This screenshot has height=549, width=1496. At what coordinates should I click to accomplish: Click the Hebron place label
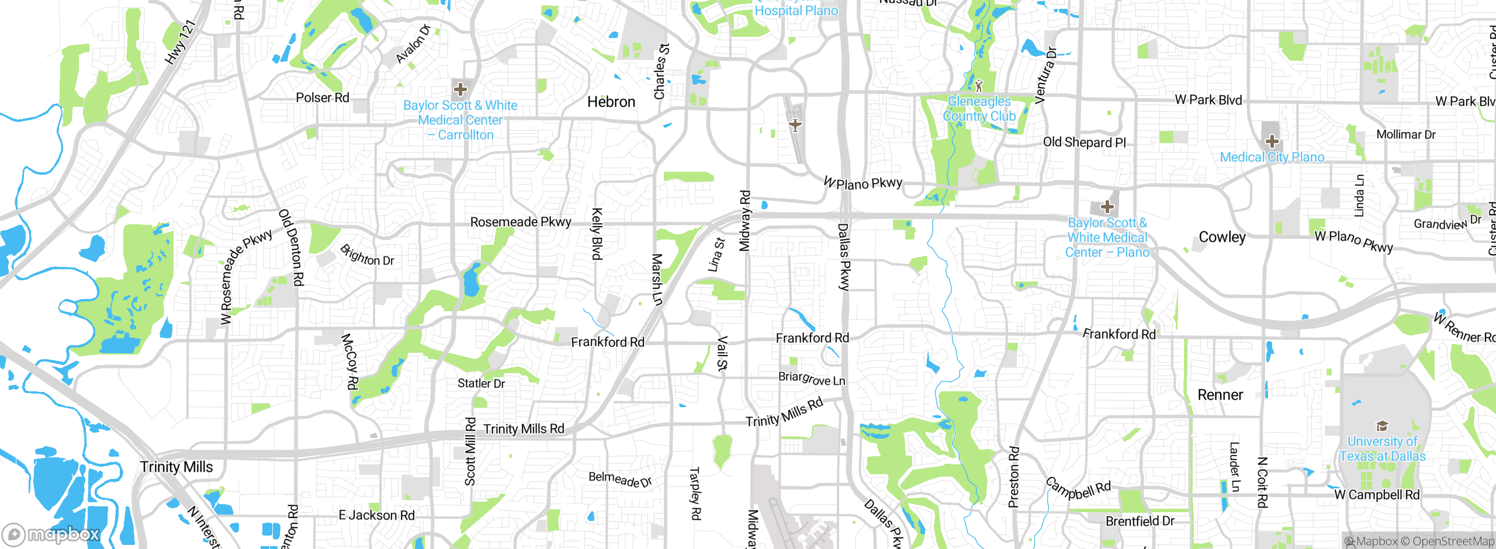[x=611, y=102]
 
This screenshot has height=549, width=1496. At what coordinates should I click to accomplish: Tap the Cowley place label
[x=1222, y=237]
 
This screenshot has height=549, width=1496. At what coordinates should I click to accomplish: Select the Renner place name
[x=1220, y=395]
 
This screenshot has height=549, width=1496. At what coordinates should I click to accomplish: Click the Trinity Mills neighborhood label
[x=176, y=467]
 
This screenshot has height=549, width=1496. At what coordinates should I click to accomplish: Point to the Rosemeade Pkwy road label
[x=520, y=222]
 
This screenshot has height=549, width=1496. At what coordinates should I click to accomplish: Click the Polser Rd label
[x=322, y=98]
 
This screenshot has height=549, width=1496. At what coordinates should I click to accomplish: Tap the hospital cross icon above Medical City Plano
[x=1272, y=141]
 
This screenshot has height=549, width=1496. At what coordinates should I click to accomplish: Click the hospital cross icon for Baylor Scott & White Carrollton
[x=460, y=89]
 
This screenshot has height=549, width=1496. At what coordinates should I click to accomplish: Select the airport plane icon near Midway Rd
[x=795, y=125]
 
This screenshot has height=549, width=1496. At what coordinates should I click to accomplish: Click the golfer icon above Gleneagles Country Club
[x=979, y=85]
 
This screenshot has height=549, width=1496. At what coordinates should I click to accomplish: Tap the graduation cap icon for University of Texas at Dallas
[x=1382, y=426]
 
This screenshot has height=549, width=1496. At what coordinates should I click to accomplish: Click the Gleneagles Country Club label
[x=979, y=109]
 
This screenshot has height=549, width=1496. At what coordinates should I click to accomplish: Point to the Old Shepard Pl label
[x=1084, y=142]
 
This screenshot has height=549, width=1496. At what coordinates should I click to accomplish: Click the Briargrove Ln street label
[x=812, y=378]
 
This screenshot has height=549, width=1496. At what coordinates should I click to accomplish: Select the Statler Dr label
[x=481, y=383]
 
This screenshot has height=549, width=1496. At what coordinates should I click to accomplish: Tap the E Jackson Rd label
[x=376, y=515]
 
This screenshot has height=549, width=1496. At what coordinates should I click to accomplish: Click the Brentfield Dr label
[x=1140, y=521]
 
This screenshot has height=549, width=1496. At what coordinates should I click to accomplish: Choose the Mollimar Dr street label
[x=1405, y=134]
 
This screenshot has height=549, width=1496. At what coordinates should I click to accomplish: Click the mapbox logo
[x=51, y=534]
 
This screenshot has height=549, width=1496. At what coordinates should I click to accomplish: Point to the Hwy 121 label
[x=179, y=42]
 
